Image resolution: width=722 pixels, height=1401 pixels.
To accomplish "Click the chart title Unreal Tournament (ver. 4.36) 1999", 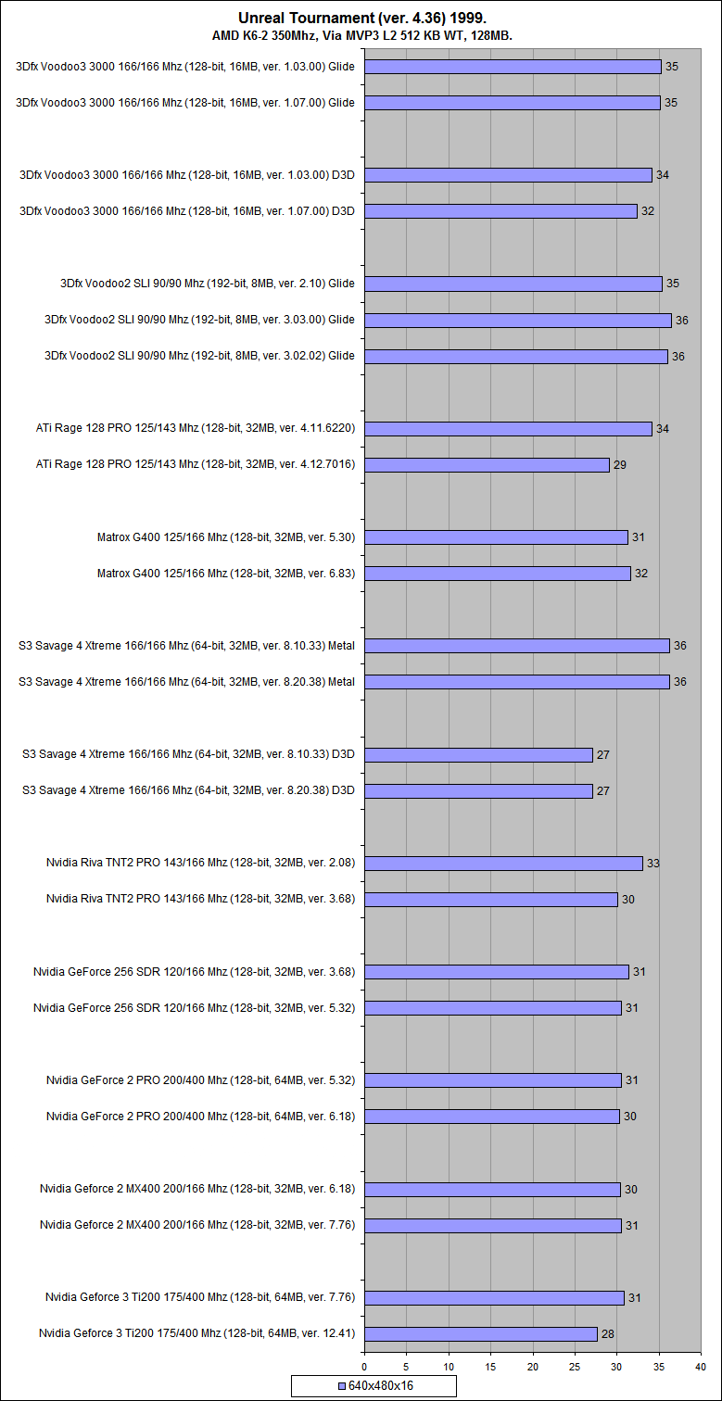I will [x=361, y=18].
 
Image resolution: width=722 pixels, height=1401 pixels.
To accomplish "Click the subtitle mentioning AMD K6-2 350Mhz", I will [x=361, y=35].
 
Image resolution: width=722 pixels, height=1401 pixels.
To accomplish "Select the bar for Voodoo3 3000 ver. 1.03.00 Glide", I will [x=513, y=67].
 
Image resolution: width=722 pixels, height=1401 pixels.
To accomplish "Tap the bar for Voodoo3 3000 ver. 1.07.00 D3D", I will [x=500, y=211].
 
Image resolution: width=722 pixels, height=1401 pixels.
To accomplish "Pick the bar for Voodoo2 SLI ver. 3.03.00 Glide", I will [x=517, y=320].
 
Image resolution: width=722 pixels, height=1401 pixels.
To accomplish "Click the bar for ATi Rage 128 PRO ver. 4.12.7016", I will [x=487, y=464].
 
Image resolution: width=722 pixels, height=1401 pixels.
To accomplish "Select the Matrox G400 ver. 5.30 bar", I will [x=496, y=537].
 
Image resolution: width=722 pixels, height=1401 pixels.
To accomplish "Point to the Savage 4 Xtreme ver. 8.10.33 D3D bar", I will [x=478, y=754].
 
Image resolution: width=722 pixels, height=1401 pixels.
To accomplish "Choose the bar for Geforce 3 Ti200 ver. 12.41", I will [x=480, y=1333].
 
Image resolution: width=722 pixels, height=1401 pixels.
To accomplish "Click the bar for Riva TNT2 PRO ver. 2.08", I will [x=503, y=863].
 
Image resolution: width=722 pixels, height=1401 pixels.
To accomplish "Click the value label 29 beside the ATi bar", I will [x=620, y=465].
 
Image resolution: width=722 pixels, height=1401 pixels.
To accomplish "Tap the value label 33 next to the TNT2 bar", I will [x=653, y=864].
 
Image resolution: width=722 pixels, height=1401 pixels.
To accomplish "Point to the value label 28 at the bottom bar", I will [x=608, y=1334].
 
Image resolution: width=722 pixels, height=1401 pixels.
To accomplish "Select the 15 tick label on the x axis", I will [x=491, y=1366].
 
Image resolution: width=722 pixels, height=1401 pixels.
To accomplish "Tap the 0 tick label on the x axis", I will [x=364, y=1366].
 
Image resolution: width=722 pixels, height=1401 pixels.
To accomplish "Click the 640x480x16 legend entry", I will [x=374, y=1386].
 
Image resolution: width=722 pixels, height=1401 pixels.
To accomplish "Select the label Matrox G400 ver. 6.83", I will [x=226, y=574].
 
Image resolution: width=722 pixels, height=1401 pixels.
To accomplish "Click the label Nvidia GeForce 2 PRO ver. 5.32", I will [x=201, y=1079].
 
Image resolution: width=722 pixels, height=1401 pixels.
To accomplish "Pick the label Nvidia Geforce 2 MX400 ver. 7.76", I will [x=197, y=1225].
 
